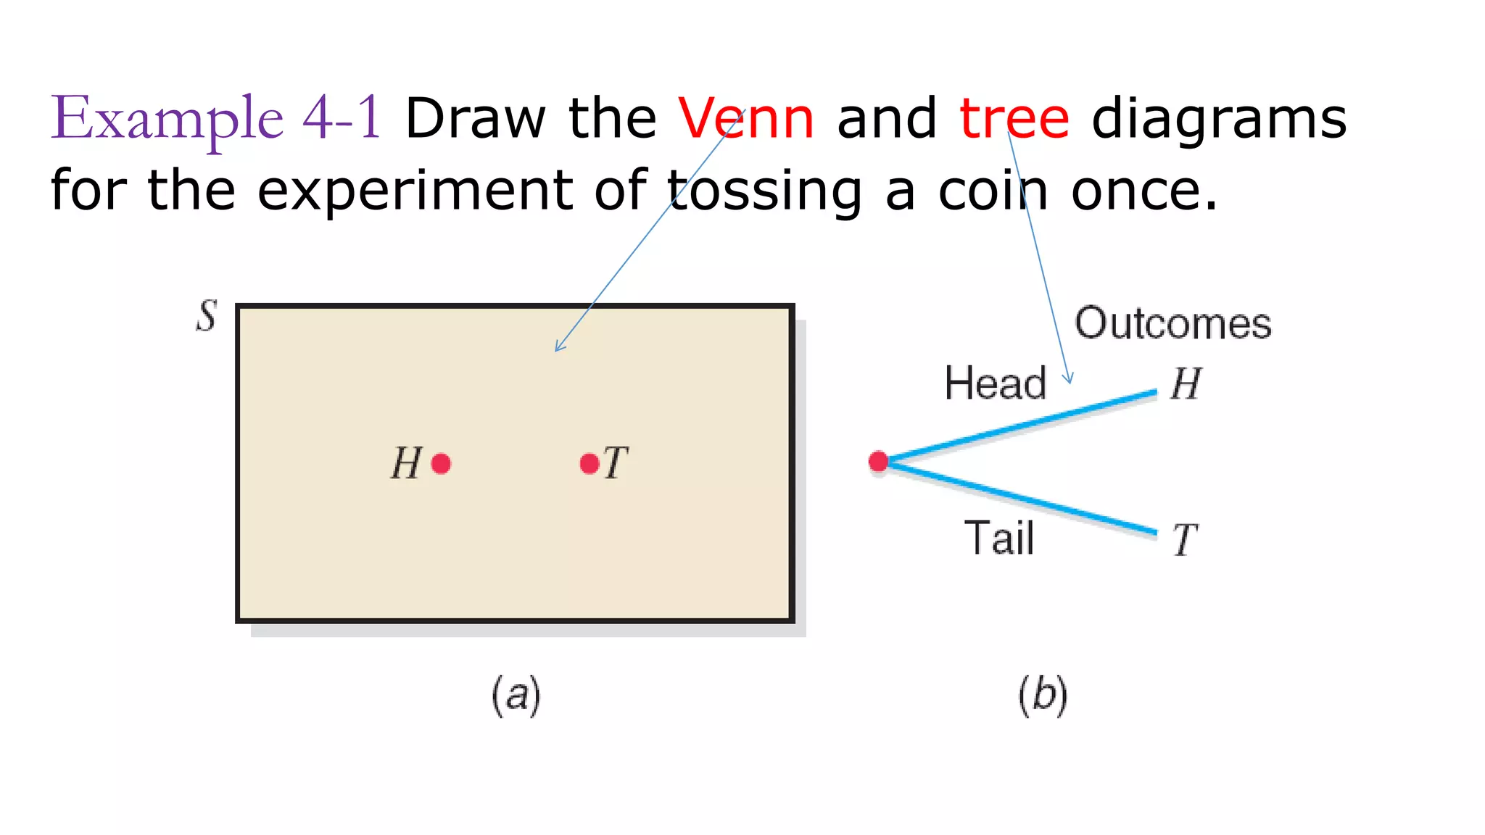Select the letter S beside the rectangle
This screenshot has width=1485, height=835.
coord(207,316)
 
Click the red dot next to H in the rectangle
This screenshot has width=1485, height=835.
coord(441,463)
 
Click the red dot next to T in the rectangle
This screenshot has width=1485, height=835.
coord(590,463)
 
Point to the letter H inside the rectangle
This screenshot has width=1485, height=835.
coord(406,463)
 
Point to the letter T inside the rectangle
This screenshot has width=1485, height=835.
coord(616,463)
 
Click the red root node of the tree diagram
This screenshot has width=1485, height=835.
coord(879,461)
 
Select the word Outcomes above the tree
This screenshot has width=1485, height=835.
coord(1172,323)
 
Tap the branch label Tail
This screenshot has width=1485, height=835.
coord(999,538)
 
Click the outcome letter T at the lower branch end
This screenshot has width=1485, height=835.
coord(1186,540)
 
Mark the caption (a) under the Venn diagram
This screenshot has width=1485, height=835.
coord(516,695)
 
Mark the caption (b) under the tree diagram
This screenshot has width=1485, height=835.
coord(1043,695)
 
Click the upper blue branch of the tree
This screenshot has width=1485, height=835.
coord(1022,427)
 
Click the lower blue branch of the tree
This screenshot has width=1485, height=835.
coord(1022,499)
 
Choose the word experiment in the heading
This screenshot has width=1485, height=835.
coord(415,191)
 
